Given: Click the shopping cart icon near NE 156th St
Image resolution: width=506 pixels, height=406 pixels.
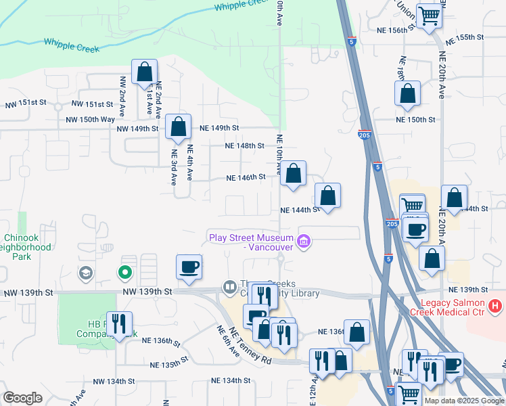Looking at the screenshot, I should tap(429, 15).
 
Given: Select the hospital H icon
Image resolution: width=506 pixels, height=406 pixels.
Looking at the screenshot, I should tap(496, 306).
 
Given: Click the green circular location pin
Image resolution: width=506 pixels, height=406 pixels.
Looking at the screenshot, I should tap(124, 273).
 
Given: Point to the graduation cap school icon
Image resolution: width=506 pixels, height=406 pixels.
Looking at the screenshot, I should tap(86, 273).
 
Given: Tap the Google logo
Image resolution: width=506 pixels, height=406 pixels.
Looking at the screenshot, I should tap(23, 398).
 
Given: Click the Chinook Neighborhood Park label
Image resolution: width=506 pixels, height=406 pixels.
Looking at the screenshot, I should tap(27, 247).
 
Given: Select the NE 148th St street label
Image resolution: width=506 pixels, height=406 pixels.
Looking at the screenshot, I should tap(244, 145).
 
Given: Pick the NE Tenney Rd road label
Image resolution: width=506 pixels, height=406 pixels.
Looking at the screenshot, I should tap(250, 346).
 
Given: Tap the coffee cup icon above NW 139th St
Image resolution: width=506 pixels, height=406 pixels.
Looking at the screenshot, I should tap(189, 266).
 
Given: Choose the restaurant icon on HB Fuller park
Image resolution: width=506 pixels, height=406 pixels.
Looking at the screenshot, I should tap(120, 323).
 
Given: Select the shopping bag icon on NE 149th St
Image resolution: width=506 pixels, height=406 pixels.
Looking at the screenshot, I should tap(178, 127).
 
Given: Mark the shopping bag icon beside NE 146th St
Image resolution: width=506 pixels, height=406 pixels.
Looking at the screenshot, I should tap(293, 174).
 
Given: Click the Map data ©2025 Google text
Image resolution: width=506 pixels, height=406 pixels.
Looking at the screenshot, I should tap(463, 401).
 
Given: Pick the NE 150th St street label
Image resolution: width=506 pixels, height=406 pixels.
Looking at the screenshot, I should tap(415, 119).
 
